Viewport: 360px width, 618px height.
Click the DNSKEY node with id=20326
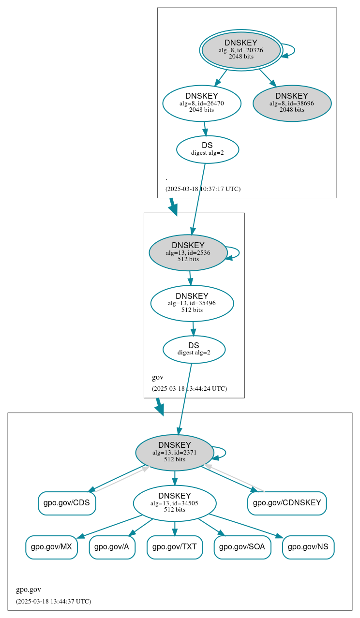click(x=241, y=50)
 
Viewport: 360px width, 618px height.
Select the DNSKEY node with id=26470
click(x=202, y=103)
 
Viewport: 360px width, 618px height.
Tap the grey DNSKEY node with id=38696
click(x=292, y=103)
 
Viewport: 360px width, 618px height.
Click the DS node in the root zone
click(x=207, y=149)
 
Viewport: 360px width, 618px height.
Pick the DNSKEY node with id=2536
click(x=188, y=252)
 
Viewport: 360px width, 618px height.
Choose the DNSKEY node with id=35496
click(x=192, y=303)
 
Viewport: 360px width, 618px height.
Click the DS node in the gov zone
click(x=194, y=349)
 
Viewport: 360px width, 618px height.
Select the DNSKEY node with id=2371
click(x=175, y=453)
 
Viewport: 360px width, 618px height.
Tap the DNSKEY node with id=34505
click(x=175, y=503)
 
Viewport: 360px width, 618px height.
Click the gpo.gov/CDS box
click(x=67, y=503)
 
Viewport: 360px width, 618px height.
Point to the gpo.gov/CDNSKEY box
click(x=287, y=503)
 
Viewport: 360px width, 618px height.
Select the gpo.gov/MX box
click(x=51, y=547)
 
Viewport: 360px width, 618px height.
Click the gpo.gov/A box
click(x=112, y=547)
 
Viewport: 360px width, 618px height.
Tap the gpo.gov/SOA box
click(x=242, y=547)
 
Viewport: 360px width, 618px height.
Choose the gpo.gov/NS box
click(x=308, y=547)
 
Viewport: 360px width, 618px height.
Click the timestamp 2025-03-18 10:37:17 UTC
click(x=203, y=189)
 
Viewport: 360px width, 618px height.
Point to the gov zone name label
click(x=158, y=377)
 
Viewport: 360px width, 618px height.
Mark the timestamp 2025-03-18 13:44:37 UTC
click(x=53, y=602)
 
